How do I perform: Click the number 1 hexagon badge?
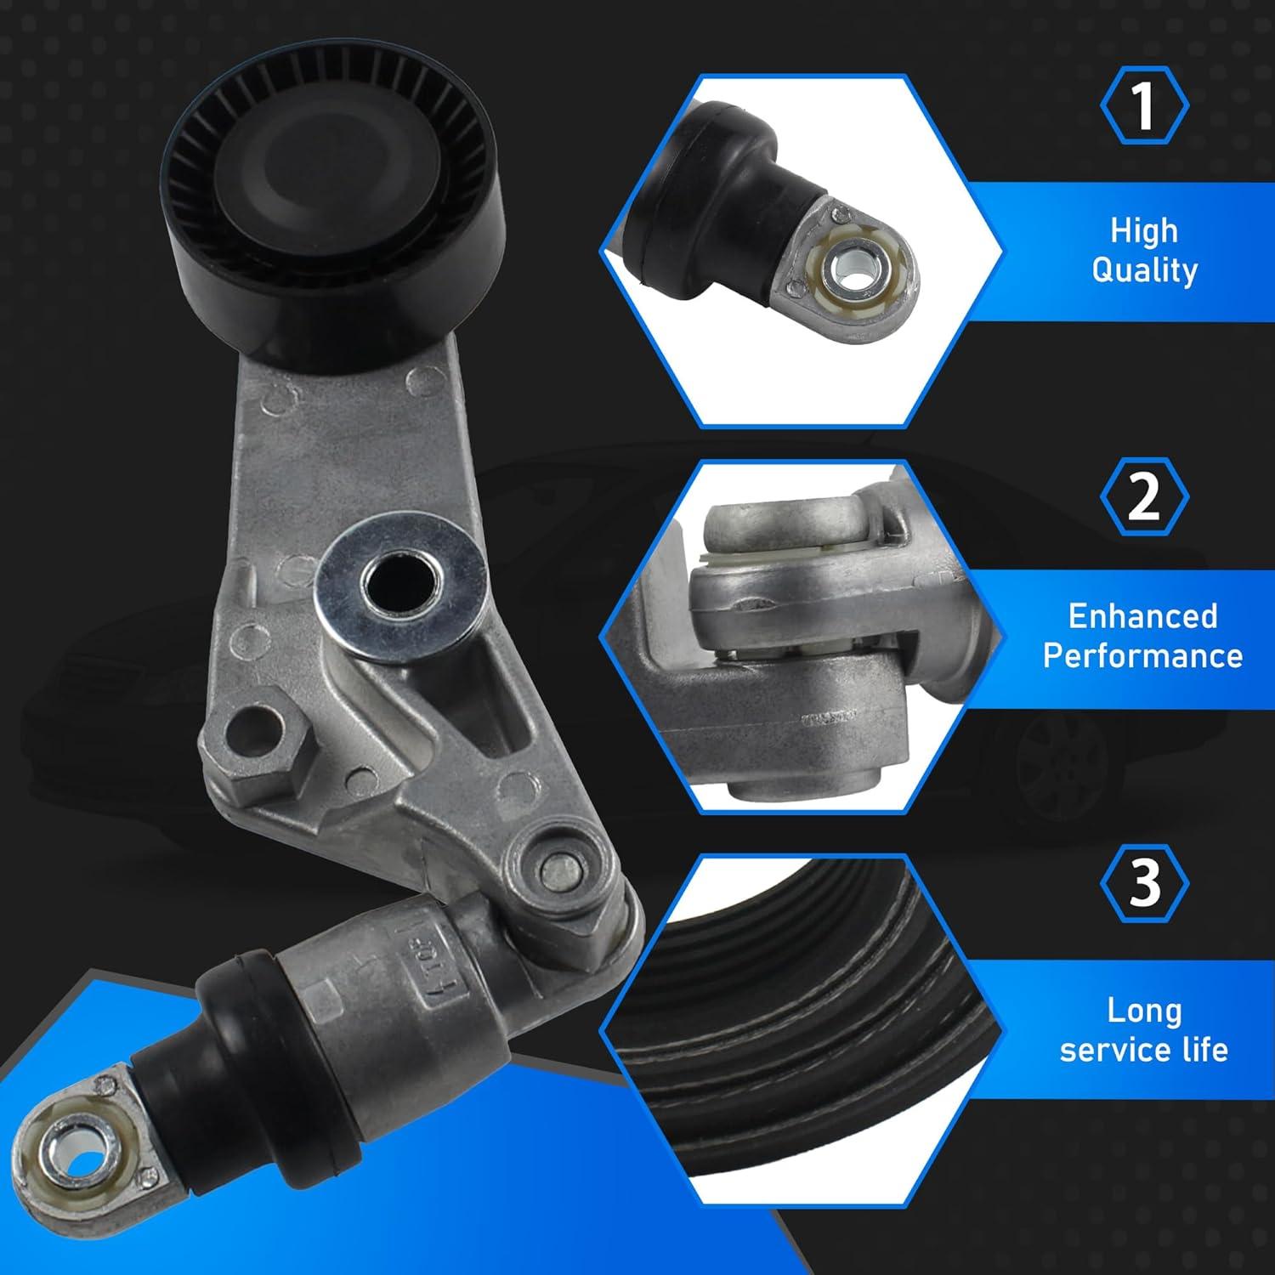(x=1144, y=105)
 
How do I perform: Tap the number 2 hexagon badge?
(x=1144, y=496)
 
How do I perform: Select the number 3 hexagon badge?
(x=1144, y=882)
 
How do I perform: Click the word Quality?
(x=1144, y=271)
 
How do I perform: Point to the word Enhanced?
(x=1142, y=616)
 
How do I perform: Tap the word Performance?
(x=1142, y=656)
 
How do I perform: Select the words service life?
(x=1144, y=1050)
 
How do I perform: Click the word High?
(x=1144, y=231)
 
